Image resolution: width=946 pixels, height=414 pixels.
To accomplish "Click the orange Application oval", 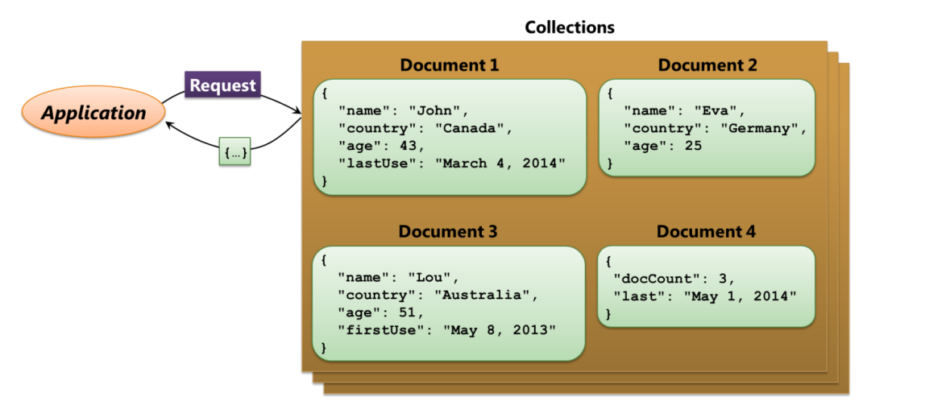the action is pyautogui.click(x=93, y=112).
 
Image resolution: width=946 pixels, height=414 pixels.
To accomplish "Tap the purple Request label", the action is pyautogui.click(x=222, y=85).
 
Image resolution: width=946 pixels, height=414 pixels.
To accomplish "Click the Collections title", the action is pyautogui.click(x=570, y=27).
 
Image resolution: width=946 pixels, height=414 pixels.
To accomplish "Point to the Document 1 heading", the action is pyautogui.click(x=450, y=65).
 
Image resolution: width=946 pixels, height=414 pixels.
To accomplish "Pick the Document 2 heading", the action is pyautogui.click(x=707, y=65).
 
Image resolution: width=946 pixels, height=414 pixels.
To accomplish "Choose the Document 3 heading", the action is pyautogui.click(x=448, y=231).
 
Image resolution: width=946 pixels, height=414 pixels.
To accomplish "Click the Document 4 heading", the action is pyautogui.click(x=706, y=231).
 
